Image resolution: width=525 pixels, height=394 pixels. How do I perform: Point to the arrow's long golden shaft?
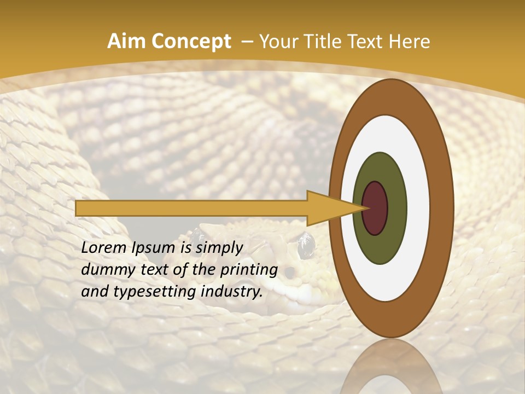191,208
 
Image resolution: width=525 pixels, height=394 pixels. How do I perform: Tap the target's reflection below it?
391,367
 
